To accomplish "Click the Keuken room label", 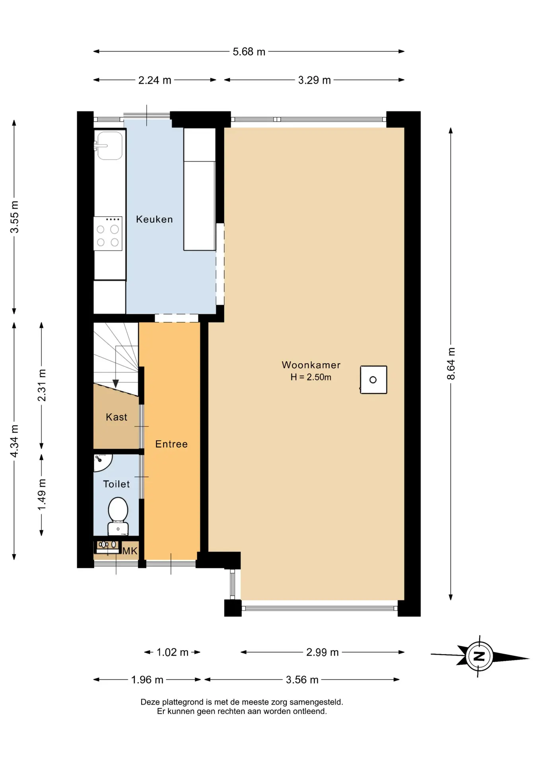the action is tap(154, 219).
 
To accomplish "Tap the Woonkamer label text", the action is tap(311, 365).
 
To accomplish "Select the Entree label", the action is tap(171, 444).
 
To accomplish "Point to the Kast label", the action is tap(117, 417).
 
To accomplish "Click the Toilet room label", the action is tap(117, 484).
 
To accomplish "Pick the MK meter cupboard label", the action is tap(130, 551).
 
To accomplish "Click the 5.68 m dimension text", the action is tap(249, 52).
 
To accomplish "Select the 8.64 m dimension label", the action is tap(451, 364).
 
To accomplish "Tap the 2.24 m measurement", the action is tap(155, 80).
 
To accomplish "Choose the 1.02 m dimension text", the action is tap(172, 652).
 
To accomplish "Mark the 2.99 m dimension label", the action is tap(322, 652).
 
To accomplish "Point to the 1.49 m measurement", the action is tap(42, 494).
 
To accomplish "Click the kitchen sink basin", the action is tap(110, 145).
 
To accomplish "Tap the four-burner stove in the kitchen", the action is tap(108, 234).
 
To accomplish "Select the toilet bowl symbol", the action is tap(118, 516).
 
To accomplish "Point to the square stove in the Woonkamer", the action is tap(373, 380).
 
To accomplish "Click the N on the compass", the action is tap(480, 656).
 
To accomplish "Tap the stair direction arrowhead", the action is tap(115, 384).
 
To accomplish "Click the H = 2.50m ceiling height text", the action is tap(311, 377).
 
